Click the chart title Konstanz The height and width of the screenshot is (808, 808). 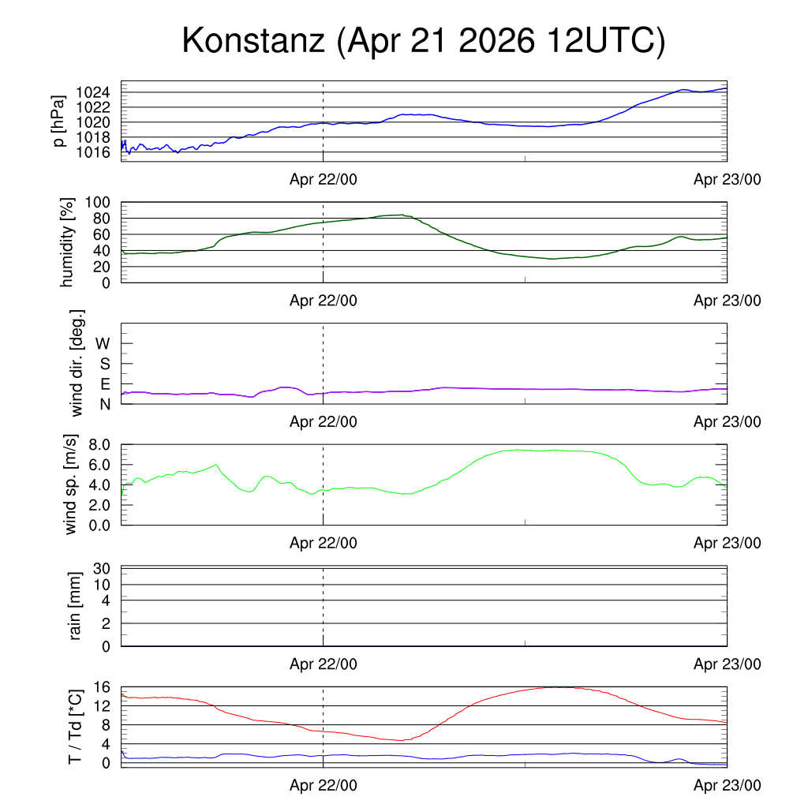pos(253,40)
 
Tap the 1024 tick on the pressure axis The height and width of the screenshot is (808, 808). pos(93,92)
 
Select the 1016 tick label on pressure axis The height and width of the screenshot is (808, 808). pos(93,152)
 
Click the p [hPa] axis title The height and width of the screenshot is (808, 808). pos(58,121)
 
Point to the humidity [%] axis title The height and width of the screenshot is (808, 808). pos(67,242)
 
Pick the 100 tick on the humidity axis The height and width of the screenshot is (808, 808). pos(98,202)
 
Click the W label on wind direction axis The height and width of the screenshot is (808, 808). pos(103,343)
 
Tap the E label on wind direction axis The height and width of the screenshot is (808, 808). pos(105,384)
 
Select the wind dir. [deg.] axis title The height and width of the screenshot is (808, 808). pos(77,363)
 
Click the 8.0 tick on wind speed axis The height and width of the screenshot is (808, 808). pos(99,445)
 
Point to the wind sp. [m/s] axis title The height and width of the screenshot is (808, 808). pos(70,484)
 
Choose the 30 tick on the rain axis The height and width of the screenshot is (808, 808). pos(102,568)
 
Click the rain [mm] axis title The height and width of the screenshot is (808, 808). pos(75,606)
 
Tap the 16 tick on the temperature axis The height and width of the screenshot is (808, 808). pos(102,687)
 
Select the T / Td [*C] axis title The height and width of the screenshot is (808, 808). pos(75,727)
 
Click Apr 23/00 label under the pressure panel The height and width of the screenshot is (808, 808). pos(727,179)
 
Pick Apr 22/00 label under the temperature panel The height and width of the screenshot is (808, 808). pos(323,785)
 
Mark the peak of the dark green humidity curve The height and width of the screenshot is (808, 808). pos(403,215)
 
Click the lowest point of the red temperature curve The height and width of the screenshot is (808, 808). pos(403,740)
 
